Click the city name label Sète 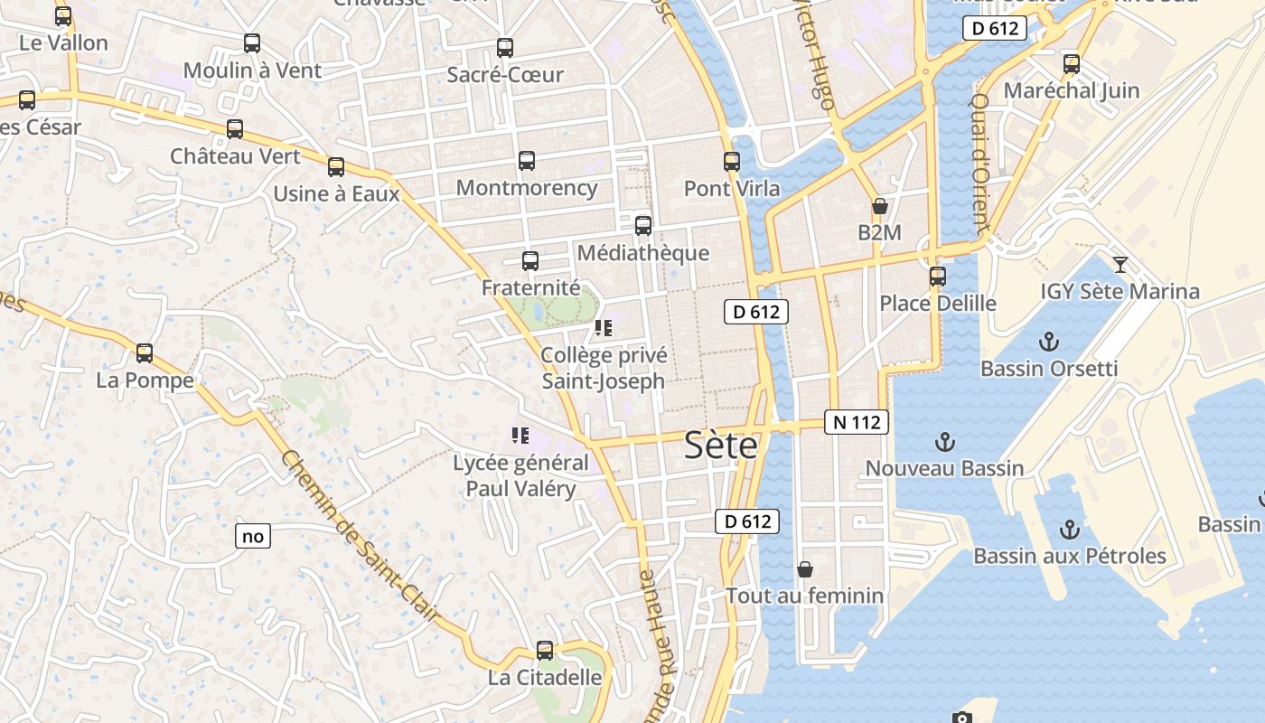720,445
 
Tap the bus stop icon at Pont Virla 732,163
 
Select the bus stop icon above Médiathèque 643,226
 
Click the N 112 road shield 857,422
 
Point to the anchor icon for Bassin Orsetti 1048,342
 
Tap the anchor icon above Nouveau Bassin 944,442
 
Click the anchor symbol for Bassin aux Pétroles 1070,530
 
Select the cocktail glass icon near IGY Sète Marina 1120,265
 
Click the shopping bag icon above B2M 879,207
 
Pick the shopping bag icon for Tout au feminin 805,569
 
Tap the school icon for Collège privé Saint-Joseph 603,328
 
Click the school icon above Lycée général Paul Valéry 520,437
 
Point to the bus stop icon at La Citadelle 545,651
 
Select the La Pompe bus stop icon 145,353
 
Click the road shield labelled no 253,536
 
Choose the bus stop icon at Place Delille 938,277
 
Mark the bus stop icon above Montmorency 527,162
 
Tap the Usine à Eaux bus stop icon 336,167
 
